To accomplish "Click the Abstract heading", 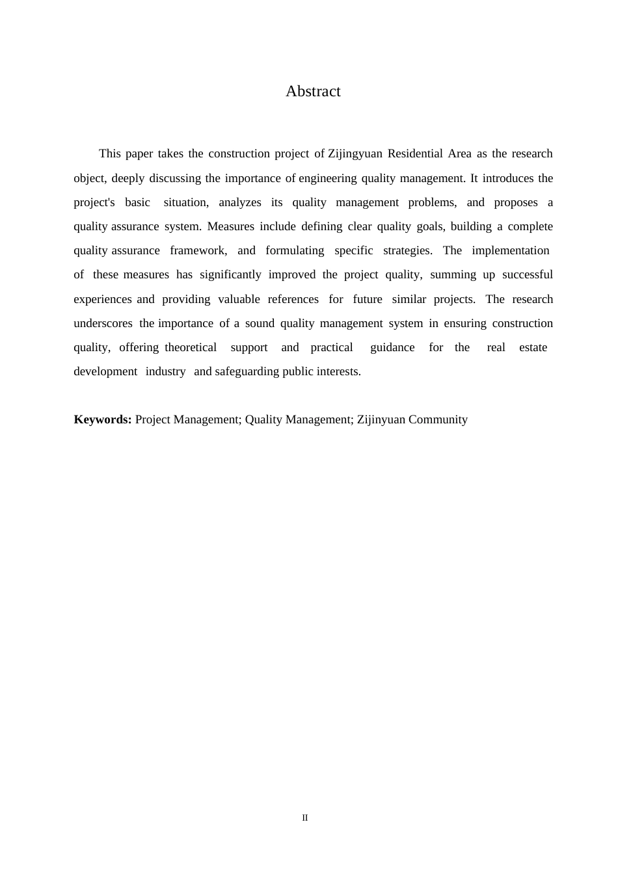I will (313, 92).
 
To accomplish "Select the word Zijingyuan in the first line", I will (355, 154).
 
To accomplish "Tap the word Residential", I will (414, 154).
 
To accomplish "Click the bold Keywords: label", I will (103, 419).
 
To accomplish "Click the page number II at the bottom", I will (305, 818).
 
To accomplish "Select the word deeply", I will (128, 178).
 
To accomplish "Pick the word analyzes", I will (240, 202).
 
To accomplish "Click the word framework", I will (198, 250).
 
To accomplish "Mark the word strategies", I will (407, 250).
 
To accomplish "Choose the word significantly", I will (230, 274).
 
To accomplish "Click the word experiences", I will (103, 299).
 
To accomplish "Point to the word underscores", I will (103, 323).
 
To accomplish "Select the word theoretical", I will (191, 347).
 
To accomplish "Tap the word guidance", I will (392, 347).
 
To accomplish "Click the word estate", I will (533, 347).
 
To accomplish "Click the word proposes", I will (516, 202).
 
